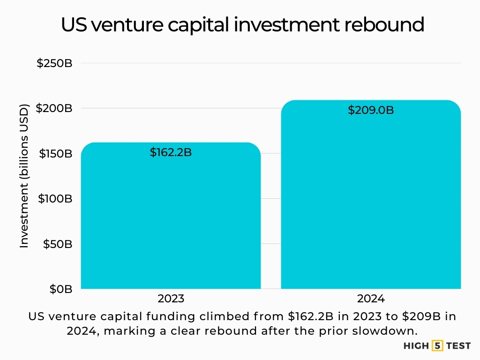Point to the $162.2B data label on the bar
tap(171, 152)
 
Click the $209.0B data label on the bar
tap(370, 110)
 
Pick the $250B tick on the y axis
tap(54, 63)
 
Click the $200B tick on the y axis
tap(54, 108)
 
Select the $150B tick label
tap(54, 154)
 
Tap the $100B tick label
tap(54, 199)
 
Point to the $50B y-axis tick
tap(57, 244)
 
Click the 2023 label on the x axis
tap(171, 299)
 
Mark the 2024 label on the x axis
tap(370, 299)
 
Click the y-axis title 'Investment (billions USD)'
tap(24, 176)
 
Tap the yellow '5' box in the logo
tap(438, 346)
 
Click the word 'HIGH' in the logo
tap(416, 346)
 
